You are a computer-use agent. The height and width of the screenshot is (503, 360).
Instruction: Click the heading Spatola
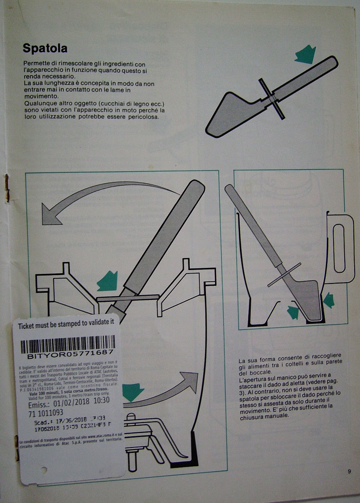click(x=45, y=49)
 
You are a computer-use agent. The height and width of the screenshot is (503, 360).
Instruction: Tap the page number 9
click(x=349, y=471)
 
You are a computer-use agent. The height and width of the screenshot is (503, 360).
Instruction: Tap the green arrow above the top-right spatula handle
click(x=305, y=54)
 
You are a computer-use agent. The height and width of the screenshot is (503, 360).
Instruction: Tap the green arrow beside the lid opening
click(x=108, y=281)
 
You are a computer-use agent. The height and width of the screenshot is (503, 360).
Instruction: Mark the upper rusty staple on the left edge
click(x=7, y=188)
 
